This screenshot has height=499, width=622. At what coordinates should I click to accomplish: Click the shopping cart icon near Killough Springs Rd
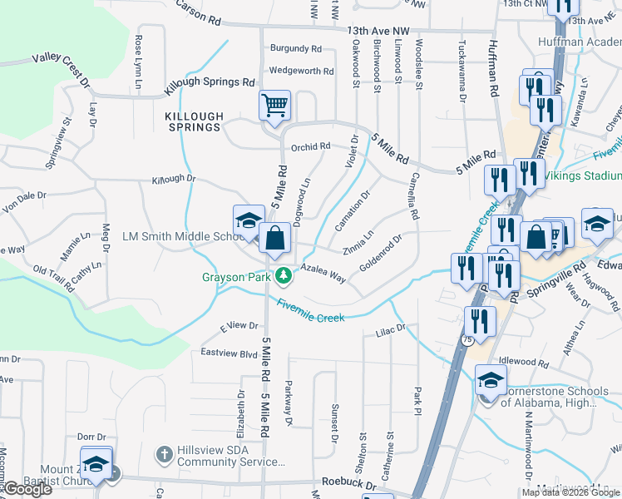(x=274, y=106)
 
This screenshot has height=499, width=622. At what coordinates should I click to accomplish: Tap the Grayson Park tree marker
(x=284, y=275)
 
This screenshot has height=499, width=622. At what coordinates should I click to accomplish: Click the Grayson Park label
(x=236, y=276)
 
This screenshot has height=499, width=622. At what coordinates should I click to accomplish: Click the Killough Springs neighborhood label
(x=194, y=121)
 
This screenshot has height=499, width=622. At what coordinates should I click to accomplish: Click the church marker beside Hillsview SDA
(x=165, y=455)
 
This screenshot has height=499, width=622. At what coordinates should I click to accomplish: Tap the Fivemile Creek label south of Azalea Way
(x=311, y=310)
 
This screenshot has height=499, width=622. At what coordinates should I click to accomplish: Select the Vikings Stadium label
(x=581, y=175)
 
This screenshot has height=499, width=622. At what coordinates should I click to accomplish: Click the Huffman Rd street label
(x=494, y=68)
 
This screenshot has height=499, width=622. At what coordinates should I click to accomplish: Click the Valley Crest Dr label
(x=61, y=65)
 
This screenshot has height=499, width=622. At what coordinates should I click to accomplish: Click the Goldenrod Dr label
(x=381, y=255)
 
